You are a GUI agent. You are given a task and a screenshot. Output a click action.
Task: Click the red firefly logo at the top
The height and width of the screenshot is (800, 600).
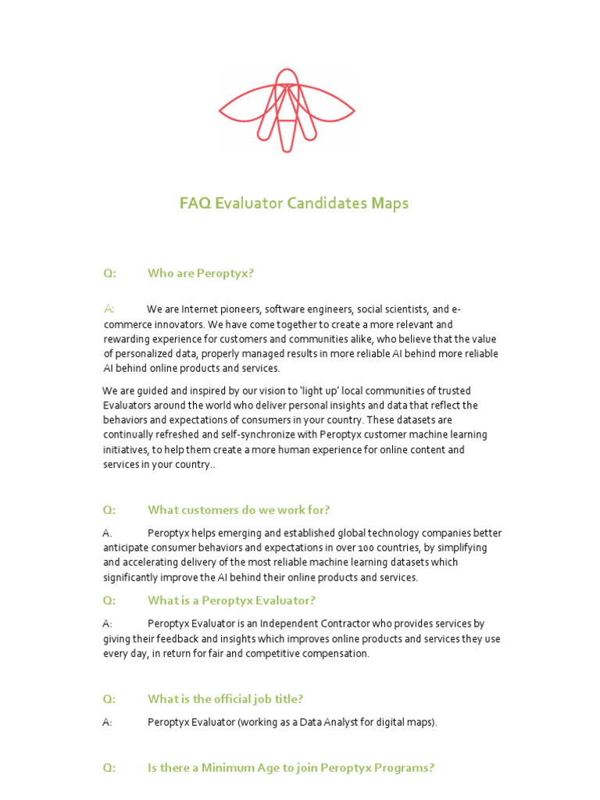pos(287,109)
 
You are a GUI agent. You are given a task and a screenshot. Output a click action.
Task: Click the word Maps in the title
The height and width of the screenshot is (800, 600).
pos(389,204)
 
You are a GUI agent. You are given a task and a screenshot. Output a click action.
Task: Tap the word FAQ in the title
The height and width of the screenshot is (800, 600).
pos(195,204)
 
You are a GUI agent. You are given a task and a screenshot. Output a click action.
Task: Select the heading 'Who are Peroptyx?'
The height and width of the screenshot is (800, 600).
pos(201,273)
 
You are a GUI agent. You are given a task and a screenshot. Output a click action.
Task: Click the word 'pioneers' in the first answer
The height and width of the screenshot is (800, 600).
pos(241,309)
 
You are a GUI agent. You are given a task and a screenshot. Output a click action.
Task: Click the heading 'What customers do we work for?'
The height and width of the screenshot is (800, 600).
pos(238,510)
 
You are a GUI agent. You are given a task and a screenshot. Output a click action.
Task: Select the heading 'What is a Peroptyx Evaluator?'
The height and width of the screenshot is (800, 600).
pos(231,601)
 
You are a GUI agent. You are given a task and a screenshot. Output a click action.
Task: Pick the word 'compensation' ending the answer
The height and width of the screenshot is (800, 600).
pos(336,653)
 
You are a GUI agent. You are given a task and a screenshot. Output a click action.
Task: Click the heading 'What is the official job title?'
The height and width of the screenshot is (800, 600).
pos(225,699)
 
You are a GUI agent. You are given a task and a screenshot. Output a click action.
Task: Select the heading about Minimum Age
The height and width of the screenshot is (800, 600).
pos(291,768)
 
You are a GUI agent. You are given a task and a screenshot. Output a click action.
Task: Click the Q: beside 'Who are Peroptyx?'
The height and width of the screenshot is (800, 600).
pos(109,273)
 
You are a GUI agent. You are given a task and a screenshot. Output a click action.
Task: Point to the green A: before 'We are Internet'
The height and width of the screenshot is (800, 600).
pos(109,309)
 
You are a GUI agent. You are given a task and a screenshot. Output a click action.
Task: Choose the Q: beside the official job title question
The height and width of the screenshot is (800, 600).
pos(109,699)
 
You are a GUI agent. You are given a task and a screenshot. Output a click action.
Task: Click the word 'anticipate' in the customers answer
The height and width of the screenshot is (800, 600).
pos(127,548)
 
